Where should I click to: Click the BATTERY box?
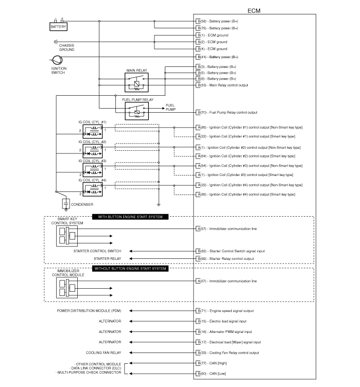tap(58, 26)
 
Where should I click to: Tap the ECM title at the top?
tap(254, 10)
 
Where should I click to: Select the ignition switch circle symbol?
tap(56, 61)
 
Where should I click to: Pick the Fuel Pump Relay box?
tap(136, 111)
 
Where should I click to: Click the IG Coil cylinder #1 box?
tap(92, 132)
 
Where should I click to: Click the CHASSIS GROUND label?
tap(66, 47)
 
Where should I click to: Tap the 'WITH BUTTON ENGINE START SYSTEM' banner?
tap(130, 217)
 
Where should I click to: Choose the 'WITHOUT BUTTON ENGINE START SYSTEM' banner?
tap(130, 269)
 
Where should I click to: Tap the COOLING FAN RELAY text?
tap(104, 353)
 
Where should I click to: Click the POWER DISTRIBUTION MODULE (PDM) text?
tap(89, 311)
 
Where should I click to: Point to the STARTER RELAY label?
tap(107, 258)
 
